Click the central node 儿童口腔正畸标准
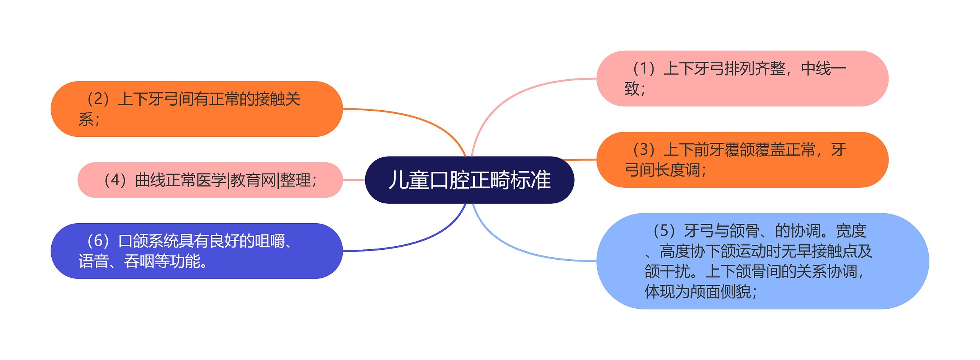click(x=469, y=180)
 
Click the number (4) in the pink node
click(x=115, y=180)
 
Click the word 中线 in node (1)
click(x=816, y=69)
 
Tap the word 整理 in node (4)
click(x=295, y=180)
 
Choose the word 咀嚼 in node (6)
click(x=270, y=241)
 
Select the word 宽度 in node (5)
click(x=851, y=231)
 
